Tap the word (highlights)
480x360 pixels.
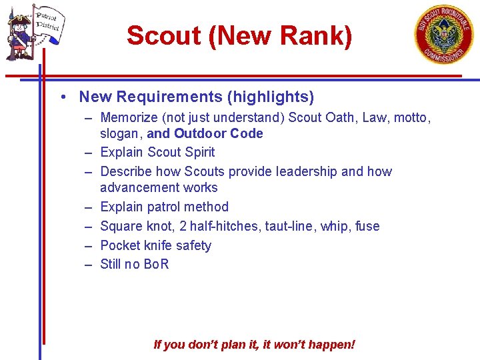point(271,97)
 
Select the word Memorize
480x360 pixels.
point(129,118)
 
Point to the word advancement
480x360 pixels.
point(140,187)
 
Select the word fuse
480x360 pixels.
point(367,226)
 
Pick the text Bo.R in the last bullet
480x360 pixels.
point(156,264)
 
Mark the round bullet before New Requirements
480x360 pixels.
point(61,97)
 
